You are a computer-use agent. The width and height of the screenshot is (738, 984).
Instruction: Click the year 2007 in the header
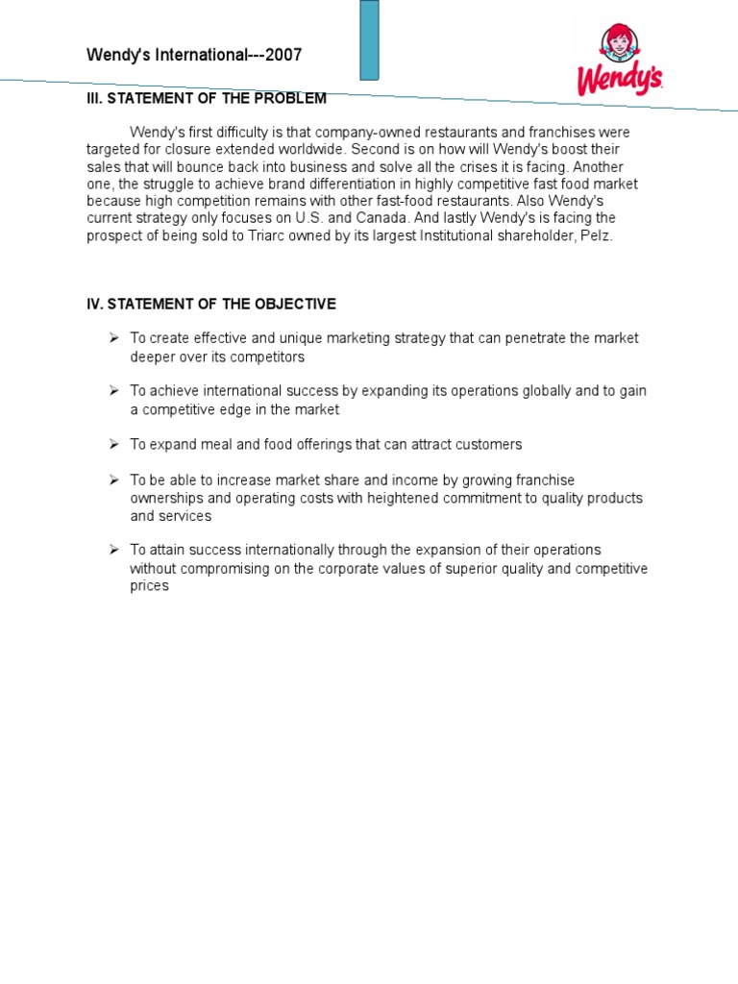[284, 55]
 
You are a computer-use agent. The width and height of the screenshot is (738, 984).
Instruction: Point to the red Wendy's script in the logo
[619, 79]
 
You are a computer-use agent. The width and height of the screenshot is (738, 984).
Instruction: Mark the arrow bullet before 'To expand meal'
[113, 444]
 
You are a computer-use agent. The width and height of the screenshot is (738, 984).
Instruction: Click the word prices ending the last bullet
[149, 585]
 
